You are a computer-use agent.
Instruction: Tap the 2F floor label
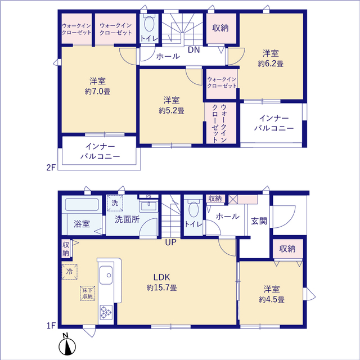51,167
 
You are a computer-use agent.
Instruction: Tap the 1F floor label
51,325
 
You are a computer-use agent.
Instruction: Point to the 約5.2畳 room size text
171,110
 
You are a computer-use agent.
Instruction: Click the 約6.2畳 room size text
271,64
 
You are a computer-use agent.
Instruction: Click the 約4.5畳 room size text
271,300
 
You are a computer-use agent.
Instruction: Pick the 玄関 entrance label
259,221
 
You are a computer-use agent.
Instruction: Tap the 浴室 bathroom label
82,224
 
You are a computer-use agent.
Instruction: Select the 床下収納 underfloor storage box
87,293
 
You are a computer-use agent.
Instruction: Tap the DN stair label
193,51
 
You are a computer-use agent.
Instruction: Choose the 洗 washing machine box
115,202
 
